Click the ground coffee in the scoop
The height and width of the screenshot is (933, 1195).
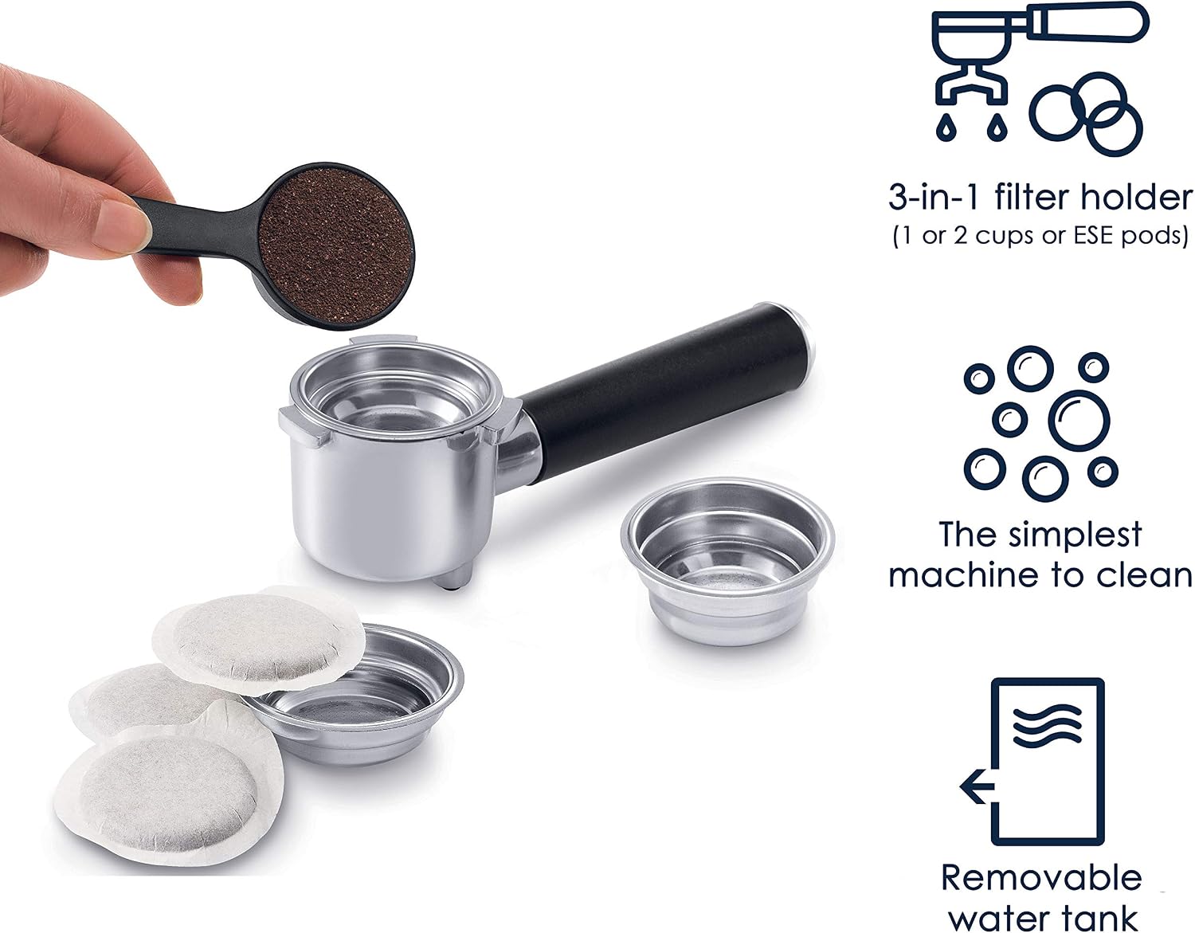335,245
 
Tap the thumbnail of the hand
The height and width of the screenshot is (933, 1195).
120,226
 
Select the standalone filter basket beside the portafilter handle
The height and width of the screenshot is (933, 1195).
727,561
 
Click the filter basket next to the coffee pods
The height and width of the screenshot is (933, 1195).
360,698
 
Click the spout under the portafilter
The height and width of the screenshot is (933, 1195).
453,576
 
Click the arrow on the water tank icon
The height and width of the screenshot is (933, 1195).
977,786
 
